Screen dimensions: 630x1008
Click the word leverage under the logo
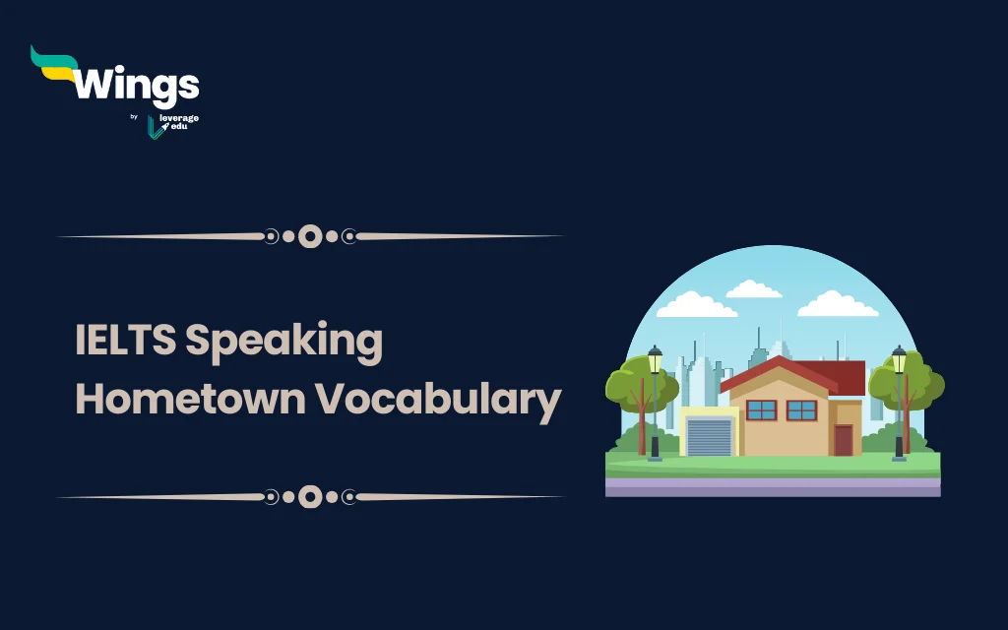179,119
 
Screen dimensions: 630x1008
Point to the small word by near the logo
134,117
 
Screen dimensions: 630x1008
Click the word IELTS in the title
125,341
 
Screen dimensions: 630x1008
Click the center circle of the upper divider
310,236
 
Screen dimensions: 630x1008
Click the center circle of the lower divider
310,496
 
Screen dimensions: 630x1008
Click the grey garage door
709,436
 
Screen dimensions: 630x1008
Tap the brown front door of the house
843,439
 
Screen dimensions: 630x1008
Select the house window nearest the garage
761,409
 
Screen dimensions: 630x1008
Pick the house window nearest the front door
801,409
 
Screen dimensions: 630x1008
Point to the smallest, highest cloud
753,289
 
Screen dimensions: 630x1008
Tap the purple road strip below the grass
772,485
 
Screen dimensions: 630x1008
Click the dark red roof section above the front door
842,377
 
